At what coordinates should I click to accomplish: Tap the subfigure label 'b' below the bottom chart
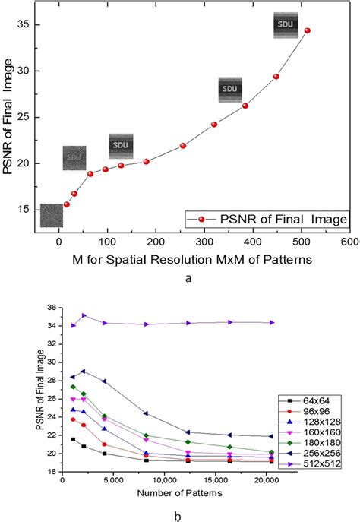click(176, 514)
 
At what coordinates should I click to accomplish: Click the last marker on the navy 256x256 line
click(272, 436)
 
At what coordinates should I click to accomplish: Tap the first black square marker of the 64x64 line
click(74, 439)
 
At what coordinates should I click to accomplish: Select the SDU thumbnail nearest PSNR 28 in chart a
click(230, 89)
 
